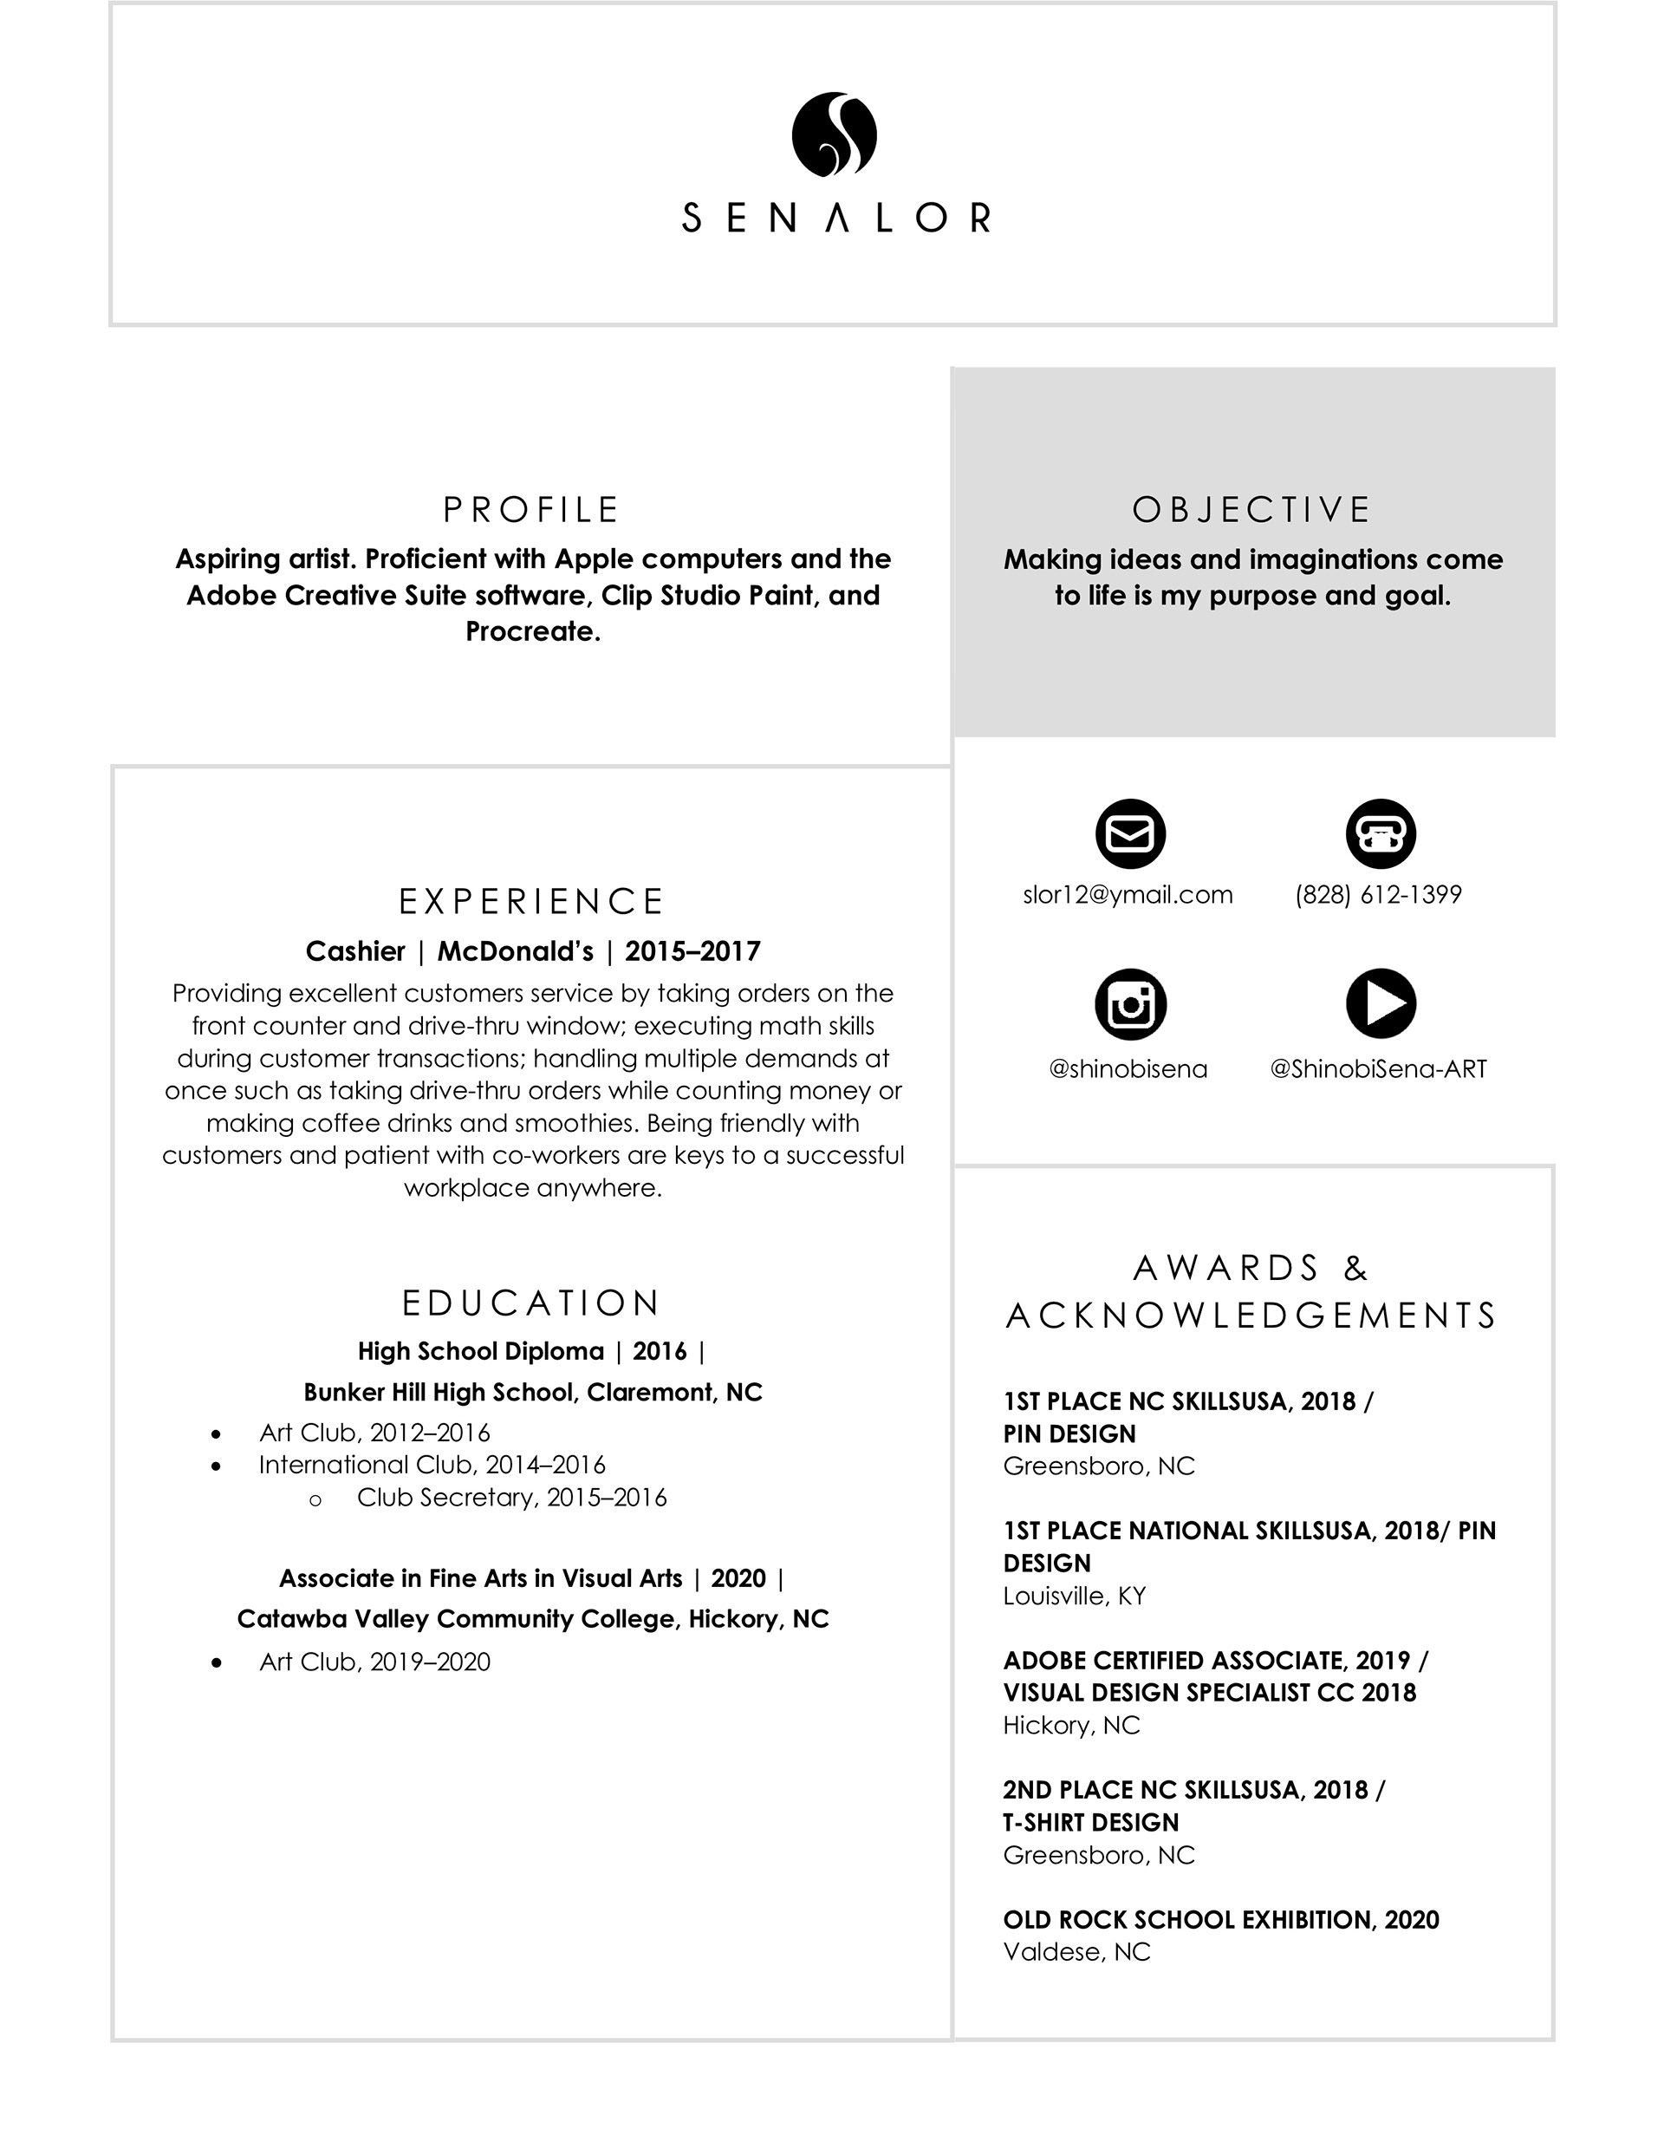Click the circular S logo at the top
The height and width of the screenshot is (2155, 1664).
coord(834,135)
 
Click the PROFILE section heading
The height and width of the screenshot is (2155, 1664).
coord(531,510)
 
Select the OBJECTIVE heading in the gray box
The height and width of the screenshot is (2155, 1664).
coord(1251,510)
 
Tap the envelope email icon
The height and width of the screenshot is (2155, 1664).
coord(1130,833)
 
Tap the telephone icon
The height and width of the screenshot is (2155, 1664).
coord(1381,833)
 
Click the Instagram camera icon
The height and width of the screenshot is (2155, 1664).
coord(1130,1004)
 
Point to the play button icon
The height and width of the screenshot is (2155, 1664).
coord(1381,1004)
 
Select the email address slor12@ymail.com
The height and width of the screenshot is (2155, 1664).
coord(1128,895)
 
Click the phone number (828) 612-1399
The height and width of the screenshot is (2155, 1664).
coord(1378,895)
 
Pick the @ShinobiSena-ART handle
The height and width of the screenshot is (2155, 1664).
coord(1378,1069)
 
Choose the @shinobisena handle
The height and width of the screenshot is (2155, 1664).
coord(1128,1069)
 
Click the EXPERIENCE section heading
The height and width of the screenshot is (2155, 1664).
coord(531,902)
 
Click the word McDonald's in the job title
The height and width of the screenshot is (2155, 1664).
coord(515,951)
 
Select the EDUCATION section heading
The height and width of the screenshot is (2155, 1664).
coord(531,1303)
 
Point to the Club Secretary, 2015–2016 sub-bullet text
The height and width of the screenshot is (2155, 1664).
coord(511,1498)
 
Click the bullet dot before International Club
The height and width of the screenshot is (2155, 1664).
coord(216,1466)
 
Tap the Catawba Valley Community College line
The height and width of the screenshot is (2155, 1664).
coord(533,1619)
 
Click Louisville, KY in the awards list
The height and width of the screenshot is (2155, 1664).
coord(1074,1597)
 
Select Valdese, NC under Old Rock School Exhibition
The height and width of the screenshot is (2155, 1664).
coord(1076,1953)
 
